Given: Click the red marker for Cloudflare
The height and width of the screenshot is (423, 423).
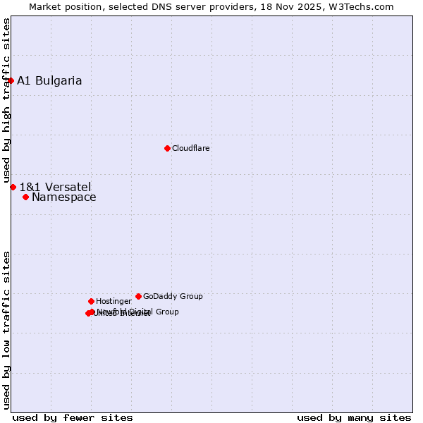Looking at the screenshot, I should (x=167, y=148).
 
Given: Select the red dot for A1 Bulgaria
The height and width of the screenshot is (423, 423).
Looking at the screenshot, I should (x=11, y=80).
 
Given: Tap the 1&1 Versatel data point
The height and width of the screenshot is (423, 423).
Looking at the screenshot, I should (x=13, y=187).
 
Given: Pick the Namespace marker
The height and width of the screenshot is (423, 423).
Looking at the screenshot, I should (x=25, y=197).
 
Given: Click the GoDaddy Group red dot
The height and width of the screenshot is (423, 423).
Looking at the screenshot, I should (x=138, y=296).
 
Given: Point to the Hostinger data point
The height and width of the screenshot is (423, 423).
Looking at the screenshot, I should (x=91, y=301).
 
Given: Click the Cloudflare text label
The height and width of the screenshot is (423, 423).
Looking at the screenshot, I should (x=190, y=148).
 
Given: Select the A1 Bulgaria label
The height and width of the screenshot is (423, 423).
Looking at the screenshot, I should (x=49, y=80).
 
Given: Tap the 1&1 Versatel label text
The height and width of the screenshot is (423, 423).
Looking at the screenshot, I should (x=55, y=187).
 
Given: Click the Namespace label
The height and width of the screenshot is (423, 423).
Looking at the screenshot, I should (x=63, y=197).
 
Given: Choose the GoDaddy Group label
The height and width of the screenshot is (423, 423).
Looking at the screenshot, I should (x=173, y=296).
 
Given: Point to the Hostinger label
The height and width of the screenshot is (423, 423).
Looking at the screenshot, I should (x=114, y=301).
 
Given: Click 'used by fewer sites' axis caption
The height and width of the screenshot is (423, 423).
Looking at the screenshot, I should (x=73, y=417).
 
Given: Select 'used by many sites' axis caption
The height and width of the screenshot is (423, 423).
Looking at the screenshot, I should (x=354, y=417).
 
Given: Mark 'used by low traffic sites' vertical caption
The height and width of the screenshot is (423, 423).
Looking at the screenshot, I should (x=7, y=329).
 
